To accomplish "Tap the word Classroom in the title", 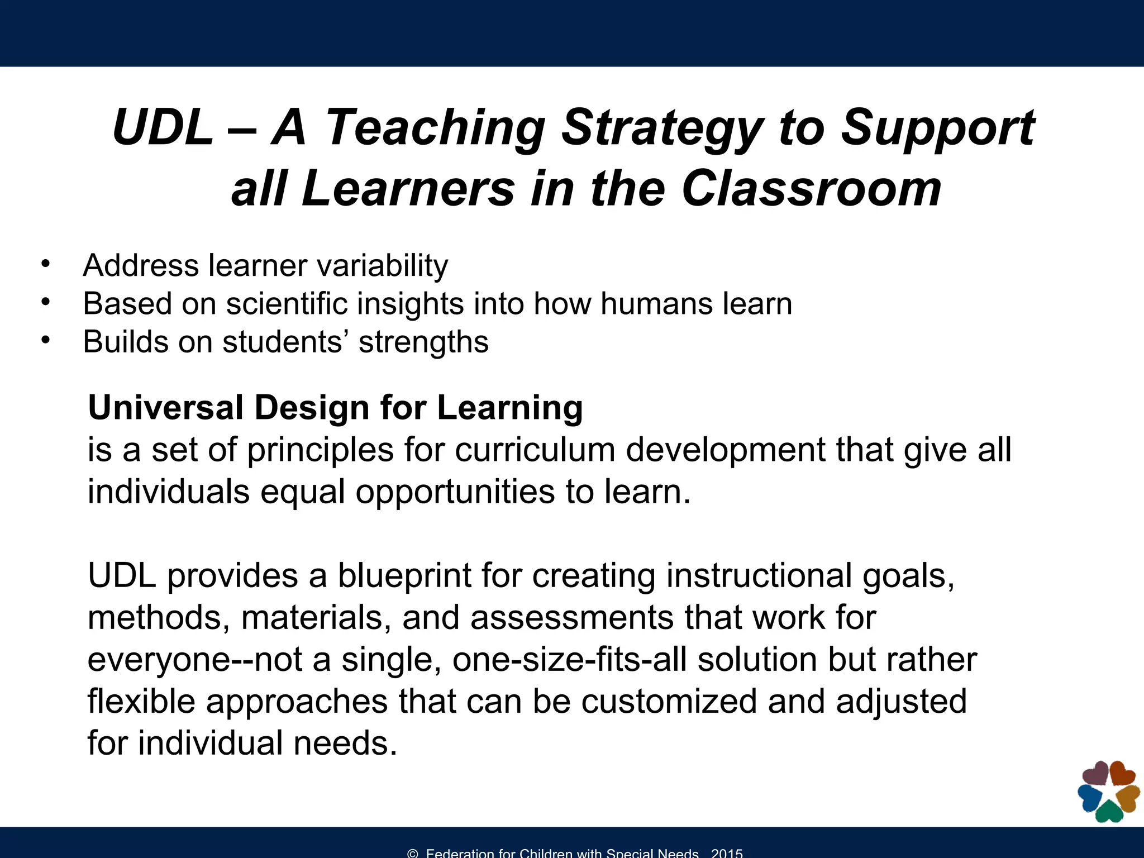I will (x=811, y=189).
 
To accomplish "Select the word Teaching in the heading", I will (x=435, y=128).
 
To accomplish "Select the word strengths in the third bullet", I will (x=423, y=342).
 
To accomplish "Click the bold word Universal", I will (x=165, y=407).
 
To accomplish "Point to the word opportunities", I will (x=455, y=493).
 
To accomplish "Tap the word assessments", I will (x=572, y=618).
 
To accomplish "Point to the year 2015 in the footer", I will (x=727, y=853).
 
